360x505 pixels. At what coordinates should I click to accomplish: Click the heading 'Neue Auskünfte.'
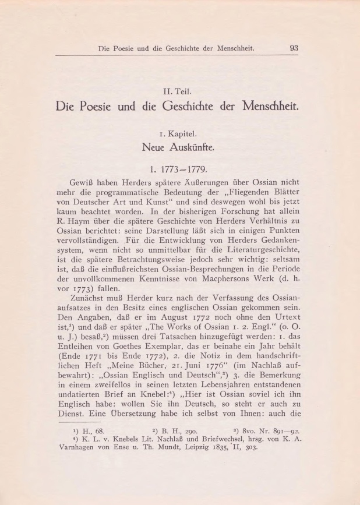pos(180,149)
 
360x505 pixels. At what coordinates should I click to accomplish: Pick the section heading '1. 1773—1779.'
pos(180,171)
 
